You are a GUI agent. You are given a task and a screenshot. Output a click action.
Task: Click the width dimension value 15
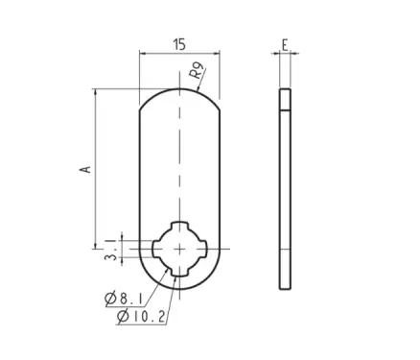coord(179,45)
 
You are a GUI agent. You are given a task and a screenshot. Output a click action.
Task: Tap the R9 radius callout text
coord(197,71)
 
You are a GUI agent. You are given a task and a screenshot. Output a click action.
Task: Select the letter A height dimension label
coord(85,169)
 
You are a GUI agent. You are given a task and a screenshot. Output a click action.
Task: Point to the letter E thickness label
coord(285,45)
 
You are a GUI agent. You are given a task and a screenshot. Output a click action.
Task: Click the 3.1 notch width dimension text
coord(111,250)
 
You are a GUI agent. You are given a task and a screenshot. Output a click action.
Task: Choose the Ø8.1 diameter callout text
coord(124,299)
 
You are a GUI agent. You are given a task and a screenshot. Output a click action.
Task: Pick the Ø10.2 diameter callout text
coord(141,317)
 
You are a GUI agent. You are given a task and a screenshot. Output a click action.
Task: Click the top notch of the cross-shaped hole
coord(179,225)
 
